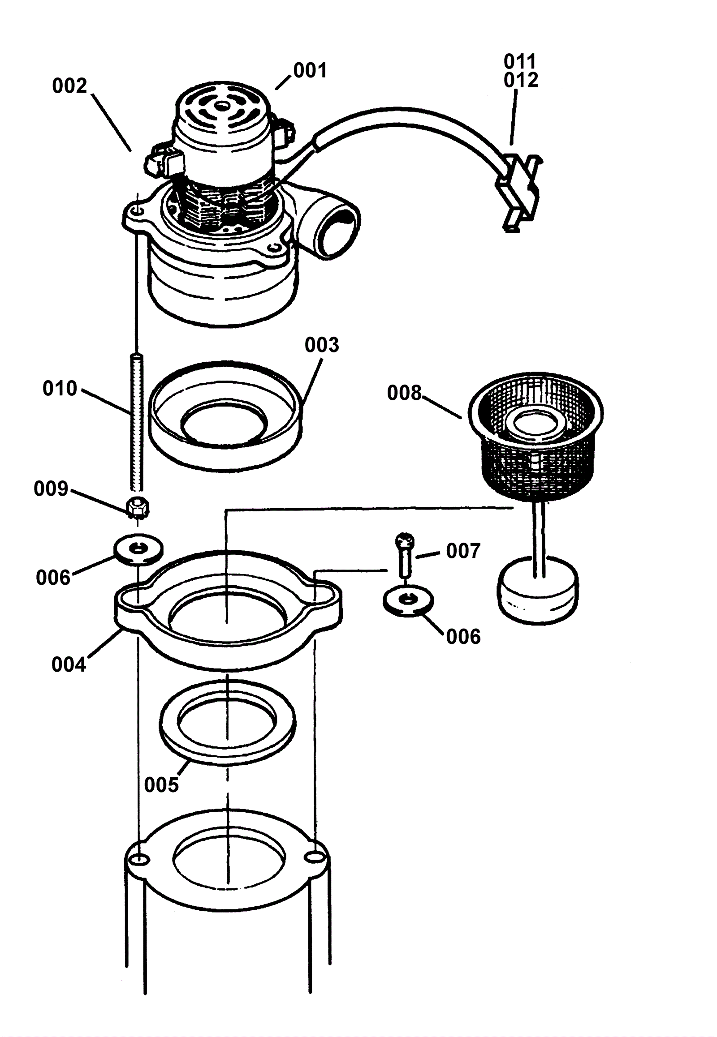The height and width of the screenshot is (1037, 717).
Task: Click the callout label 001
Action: click(x=310, y=70)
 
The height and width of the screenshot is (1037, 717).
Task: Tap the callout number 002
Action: click(x=69, y=86)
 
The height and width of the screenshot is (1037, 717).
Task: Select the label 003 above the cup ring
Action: click(x=322, y=345)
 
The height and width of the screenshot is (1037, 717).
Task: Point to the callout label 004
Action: click(x=68, y=664)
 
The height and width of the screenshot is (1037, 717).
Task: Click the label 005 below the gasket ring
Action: click(x=161, y=785)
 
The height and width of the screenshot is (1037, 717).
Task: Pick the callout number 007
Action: click(x=463, y=551)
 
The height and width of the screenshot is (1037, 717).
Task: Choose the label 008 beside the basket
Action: click(x=404, y=393)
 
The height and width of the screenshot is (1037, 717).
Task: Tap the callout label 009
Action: click(x=51, y=489)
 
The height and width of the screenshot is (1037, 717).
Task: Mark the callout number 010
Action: click(x=60, y=388)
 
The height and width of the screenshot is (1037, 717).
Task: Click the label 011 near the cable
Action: click(x=520, y=61)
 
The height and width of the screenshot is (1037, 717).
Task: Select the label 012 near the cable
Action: click(x=521, y=80)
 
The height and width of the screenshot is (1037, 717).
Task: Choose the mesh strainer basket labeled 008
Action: click(x=536, y=436)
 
